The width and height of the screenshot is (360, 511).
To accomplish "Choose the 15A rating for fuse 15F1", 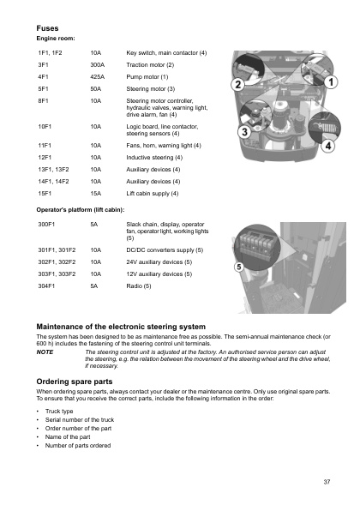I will pos(96,194).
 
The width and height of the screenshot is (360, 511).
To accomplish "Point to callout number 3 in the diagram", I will pos(243,133).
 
